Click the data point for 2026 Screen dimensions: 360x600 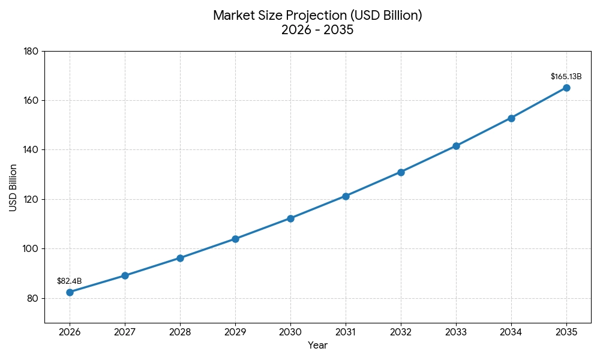70,292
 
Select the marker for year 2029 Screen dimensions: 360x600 235,239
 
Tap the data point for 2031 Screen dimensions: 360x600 346,196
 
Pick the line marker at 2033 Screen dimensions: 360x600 456,146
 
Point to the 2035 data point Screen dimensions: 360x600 566,88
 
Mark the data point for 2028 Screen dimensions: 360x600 180,258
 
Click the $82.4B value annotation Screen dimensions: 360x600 70,281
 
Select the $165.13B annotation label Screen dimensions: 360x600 566,77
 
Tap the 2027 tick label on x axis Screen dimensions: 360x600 125,332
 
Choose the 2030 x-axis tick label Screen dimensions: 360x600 290,332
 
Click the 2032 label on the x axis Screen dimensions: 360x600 401,332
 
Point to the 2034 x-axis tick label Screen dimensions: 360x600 511,332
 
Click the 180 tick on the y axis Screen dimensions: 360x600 31,51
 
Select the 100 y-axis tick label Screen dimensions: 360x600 31,248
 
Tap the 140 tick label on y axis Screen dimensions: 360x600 31,149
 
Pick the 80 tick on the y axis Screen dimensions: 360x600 32,298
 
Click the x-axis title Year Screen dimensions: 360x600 317,346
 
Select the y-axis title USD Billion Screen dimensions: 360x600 13,187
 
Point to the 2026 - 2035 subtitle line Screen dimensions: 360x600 317,30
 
